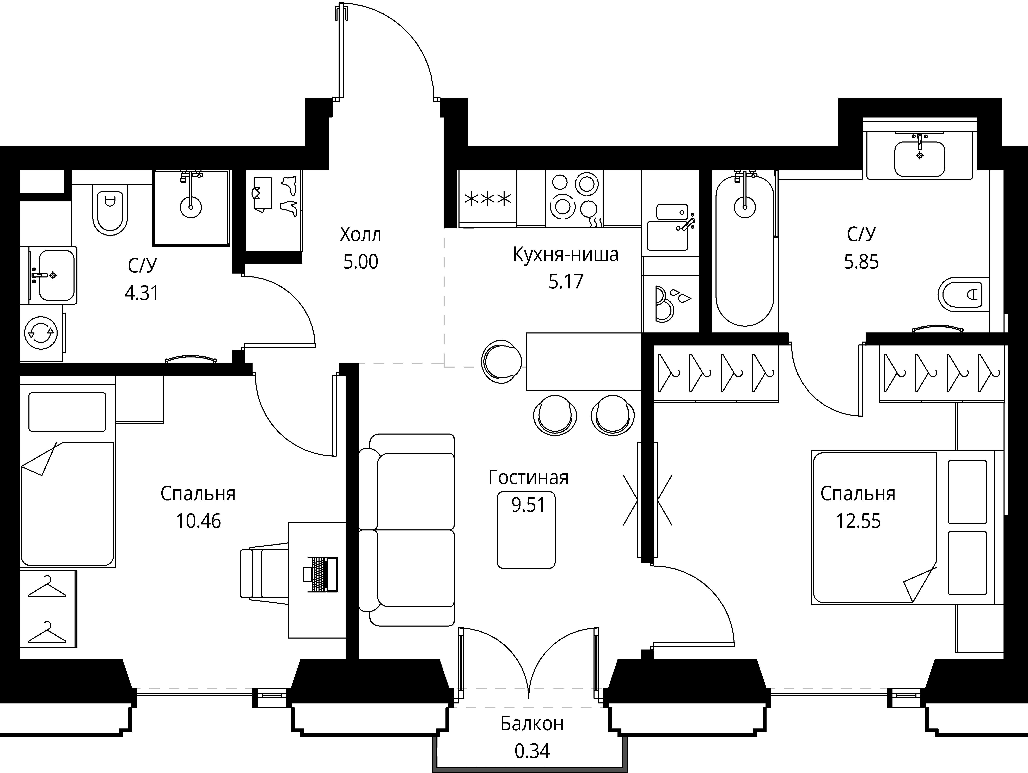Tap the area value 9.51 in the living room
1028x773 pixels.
[528, 504]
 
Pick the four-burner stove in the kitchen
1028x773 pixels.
[574, 198]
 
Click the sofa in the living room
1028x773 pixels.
[407, 530]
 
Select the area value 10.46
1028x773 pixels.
[198, 521]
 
